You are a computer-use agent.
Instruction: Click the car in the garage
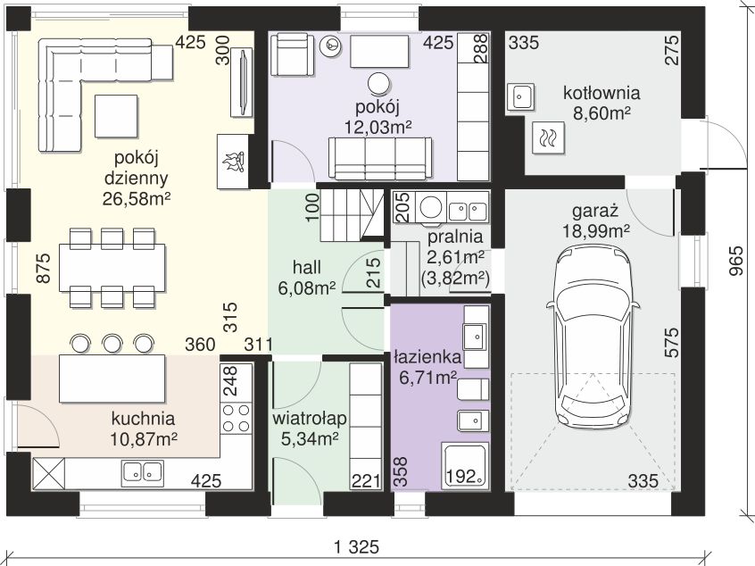(x=593, y=337)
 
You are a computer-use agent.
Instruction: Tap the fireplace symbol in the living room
(x=233, y=162)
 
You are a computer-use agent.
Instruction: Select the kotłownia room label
(x=602, y=93)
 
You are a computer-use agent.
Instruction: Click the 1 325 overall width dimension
(x=357, y=547)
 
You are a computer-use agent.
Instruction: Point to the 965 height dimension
(x=735, y=262)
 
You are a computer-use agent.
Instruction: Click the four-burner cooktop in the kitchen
(x=236, y=417)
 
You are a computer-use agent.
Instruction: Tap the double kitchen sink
(x=142, y=471)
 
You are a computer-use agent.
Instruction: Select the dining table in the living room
(x=112, y=268)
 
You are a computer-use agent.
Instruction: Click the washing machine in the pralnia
(x=431, y=208)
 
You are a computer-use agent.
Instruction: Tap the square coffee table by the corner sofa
(x=116, y=116)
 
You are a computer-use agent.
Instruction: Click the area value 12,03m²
(x=378, y=128)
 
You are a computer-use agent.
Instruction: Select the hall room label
(x=307, y=267)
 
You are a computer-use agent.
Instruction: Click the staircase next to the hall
(x=352, y=215)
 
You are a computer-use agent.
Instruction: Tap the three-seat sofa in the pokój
(x=380, y=159)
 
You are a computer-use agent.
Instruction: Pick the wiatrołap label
(x=310, y=418)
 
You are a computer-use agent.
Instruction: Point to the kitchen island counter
(x=112, y=379)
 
